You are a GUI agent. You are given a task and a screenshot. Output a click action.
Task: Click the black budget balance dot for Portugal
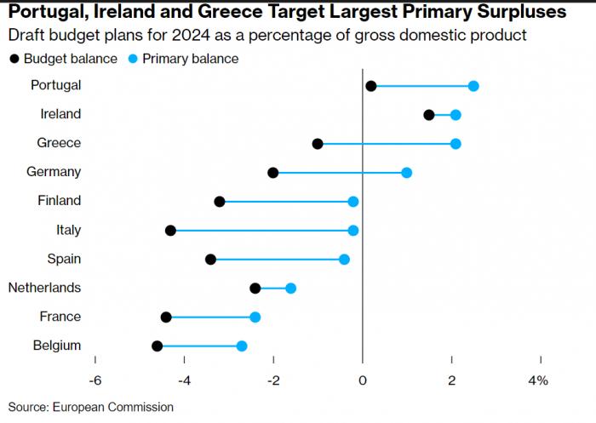(370, 86)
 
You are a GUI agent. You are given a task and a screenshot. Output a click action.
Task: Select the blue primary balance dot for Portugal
(473, 86)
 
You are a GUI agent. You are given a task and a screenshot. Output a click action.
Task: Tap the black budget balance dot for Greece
(318, 144)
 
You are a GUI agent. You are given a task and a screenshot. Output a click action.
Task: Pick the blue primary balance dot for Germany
(406, 173)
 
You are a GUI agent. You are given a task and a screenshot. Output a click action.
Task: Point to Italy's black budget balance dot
(170, 231)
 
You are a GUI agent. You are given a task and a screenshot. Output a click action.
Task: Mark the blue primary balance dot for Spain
(344, 260)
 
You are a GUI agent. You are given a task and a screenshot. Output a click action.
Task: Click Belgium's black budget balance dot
(157, 346)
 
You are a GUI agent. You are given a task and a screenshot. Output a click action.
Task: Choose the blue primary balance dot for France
(255, 317)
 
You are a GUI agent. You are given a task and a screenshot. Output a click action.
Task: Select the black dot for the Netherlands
(255, 289)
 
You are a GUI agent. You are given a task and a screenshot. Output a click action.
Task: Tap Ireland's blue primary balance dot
(456, 115)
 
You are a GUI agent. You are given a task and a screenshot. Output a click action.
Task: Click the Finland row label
(60, 201)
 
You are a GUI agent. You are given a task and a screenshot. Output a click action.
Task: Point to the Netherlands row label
(44, 288)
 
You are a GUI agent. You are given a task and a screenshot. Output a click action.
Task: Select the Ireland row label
(60, 114)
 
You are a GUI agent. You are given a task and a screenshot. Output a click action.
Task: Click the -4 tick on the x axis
(184, 380)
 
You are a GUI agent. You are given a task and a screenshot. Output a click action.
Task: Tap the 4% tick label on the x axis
(538, 380)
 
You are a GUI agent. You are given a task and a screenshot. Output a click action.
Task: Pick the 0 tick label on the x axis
(363, 380)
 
